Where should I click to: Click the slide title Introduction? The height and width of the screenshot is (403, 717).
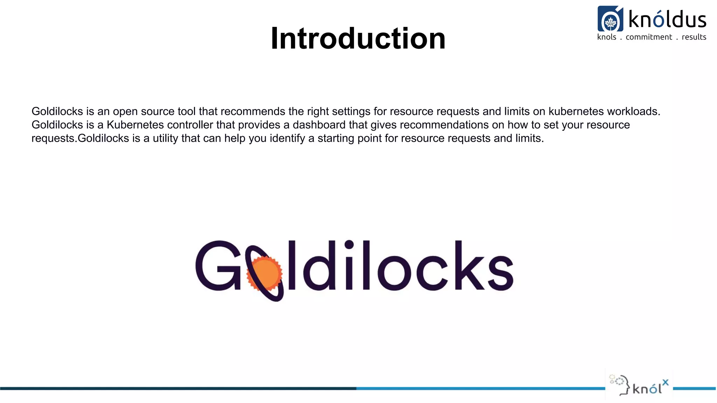[x=358, y=38]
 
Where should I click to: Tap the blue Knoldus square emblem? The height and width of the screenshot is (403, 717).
[x=610, y=19]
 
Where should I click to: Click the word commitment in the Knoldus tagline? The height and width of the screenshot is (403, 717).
[x=649, y=37]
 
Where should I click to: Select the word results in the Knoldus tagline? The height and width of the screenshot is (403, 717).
[x=694, y=37]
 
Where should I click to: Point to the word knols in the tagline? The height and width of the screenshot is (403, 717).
[x=607, y=37]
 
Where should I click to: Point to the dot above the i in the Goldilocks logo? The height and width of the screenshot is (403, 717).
[x=349, y=244]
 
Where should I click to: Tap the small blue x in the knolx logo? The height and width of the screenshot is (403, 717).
[x=665, y=382]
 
